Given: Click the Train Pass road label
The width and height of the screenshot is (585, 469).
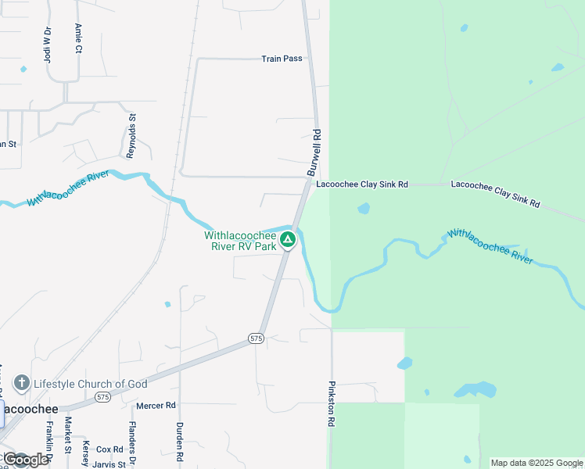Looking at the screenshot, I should click(x=282, y=59).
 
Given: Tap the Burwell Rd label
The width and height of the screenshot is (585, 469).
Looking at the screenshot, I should click(x=314, y=152).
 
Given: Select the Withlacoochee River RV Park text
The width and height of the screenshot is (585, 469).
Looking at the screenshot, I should click(x=241, y=240).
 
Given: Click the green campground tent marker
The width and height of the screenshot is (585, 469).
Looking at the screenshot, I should click(x=288, y=239).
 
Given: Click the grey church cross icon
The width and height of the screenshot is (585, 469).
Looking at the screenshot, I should click(x=22, y=383).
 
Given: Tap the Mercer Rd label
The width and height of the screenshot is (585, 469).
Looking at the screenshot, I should click(x=156, y=406).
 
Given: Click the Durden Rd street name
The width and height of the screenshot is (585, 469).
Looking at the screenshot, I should click(x=180, y=441).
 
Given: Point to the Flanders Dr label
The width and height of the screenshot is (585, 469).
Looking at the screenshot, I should click(x=133, y=442).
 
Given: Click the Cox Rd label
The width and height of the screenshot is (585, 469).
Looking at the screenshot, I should click(x=109, y=449).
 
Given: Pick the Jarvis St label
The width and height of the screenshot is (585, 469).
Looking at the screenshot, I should click(x=109, y=464).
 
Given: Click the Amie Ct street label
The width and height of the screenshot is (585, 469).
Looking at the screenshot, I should click(x=78, y=37).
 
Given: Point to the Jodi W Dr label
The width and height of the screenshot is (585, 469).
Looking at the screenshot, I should click(x=47, y=43).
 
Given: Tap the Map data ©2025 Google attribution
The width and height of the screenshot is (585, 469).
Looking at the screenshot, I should click(x=537, y=463).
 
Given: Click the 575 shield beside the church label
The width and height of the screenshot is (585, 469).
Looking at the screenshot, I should click(x=102, y=397).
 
